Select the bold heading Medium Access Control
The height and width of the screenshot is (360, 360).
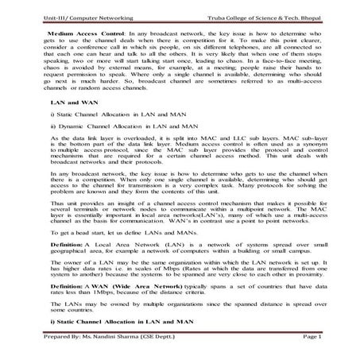coord(72,37)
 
